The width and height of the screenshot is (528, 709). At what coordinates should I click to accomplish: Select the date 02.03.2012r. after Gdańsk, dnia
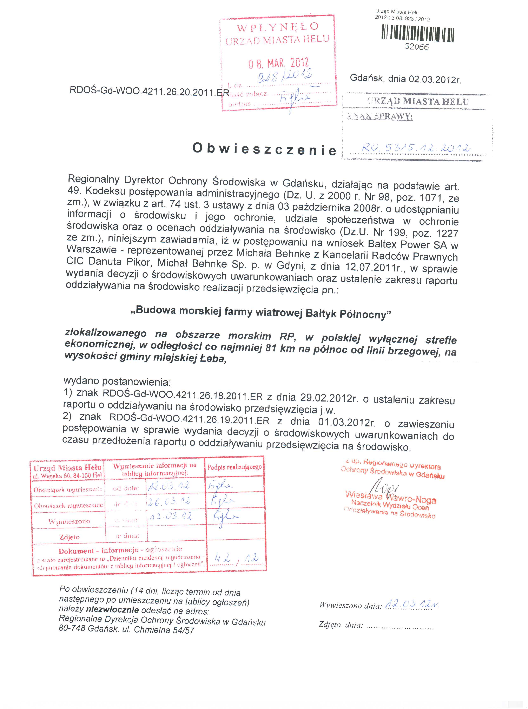click(435, 79)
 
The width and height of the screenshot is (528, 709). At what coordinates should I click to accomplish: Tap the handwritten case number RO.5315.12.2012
click(416, 148)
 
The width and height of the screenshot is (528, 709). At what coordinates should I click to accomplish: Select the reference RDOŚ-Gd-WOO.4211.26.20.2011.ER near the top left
click(149, 92)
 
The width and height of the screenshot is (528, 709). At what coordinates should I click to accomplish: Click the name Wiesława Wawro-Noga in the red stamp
click(391, 498)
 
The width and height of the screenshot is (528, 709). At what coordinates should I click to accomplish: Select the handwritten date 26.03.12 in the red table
click(169, 501)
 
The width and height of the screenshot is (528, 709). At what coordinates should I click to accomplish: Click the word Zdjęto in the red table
click(69, 537)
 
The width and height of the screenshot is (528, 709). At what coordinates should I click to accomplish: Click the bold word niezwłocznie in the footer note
click(112, 609)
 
